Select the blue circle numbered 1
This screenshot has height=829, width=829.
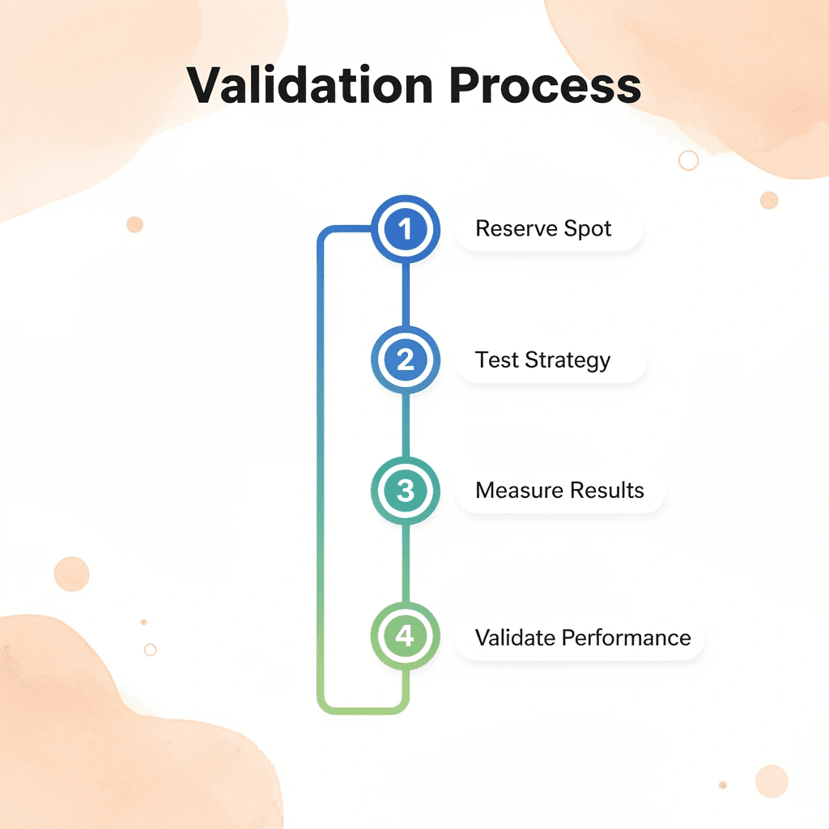405,230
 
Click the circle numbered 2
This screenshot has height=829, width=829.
405,359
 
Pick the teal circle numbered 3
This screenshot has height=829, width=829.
405,491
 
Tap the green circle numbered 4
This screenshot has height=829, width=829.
405,636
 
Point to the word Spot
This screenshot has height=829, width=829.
587,229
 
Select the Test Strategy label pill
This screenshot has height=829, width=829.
551,360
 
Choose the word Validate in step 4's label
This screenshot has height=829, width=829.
512,637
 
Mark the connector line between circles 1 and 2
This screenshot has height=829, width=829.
405,295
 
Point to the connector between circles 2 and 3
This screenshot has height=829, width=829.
405,425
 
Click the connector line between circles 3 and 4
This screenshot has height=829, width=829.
405,563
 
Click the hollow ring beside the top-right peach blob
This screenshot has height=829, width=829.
688,160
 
